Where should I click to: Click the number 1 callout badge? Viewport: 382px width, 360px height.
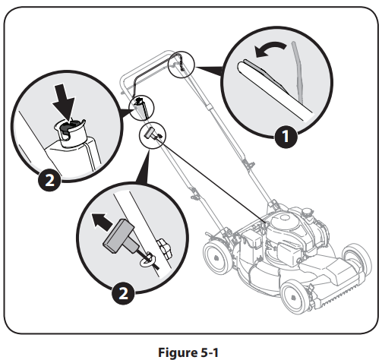point(286,136)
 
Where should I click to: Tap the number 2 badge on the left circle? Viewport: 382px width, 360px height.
point(49,180)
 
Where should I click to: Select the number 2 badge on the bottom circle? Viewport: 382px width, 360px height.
point(123,294)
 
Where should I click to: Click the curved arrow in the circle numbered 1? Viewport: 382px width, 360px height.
point(270,49)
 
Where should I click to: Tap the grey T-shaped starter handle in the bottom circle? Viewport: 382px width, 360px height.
point(122,237)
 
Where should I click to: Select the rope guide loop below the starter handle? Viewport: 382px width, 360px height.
point(147,261)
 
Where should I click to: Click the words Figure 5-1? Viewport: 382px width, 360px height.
point(188,352)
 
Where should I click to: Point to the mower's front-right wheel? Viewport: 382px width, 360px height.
point(357,260)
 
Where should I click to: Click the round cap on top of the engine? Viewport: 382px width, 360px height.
point(284,217)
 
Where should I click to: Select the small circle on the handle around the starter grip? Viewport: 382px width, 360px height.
point(153,135)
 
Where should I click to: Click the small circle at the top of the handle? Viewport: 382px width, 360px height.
point(181,65)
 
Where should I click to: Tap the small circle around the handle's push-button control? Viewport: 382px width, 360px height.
point(141,108)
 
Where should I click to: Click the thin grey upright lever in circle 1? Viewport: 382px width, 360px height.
point(298,72)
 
